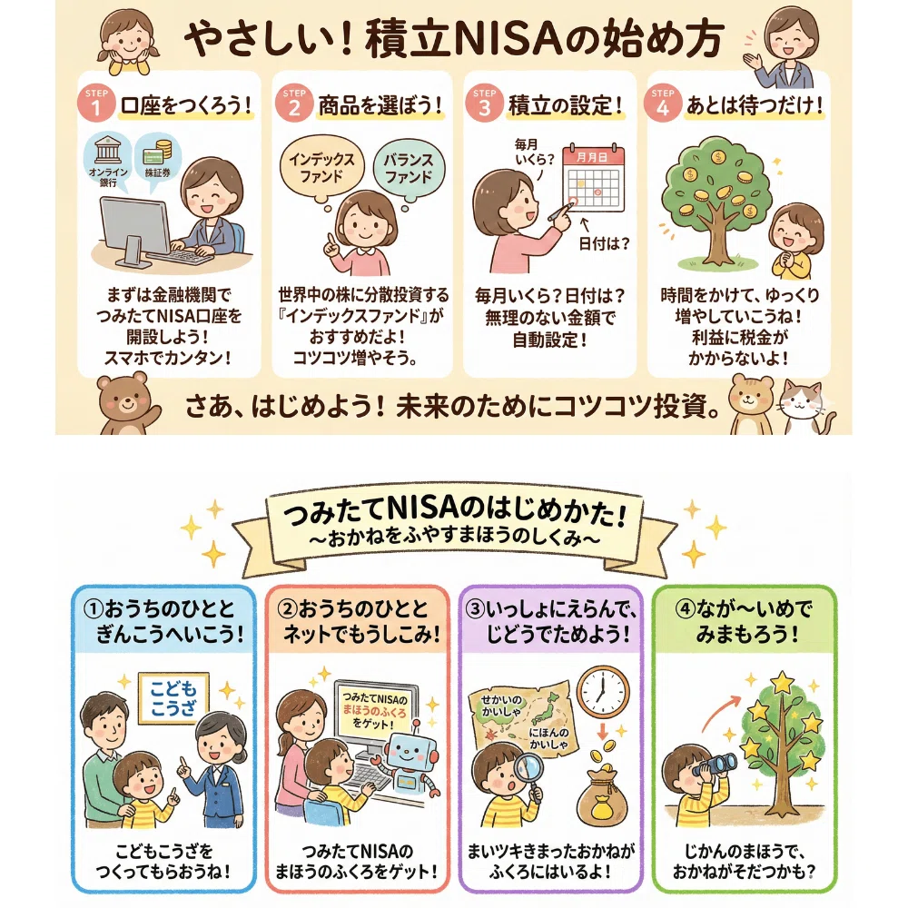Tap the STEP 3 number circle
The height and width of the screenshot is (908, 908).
pyautogui.click(x=485, y=104)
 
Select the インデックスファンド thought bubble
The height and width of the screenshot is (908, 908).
pyautogui.click(x=322, y=168)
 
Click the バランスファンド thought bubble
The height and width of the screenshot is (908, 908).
pyautogui.click(x=409, y=169)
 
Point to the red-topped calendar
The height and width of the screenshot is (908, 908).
pyautogui.click(x=594, y=179)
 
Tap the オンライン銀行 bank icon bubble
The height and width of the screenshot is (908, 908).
pyautogui.click(x=108, y=159)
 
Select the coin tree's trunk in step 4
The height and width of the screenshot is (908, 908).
pyautogui.click(x=716, y=232)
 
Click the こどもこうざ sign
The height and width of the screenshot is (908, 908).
pyautogui.click(x=173, y=698)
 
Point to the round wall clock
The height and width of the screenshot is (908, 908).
pyautogui.click(x=603, y=693)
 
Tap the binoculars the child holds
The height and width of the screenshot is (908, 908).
pyautogui.click(x=716, y=765)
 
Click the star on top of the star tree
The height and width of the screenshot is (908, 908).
pyautogui.click(x=783, y=682)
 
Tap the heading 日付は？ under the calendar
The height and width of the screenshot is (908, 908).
pyautogui.click(x=604, y=243)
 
